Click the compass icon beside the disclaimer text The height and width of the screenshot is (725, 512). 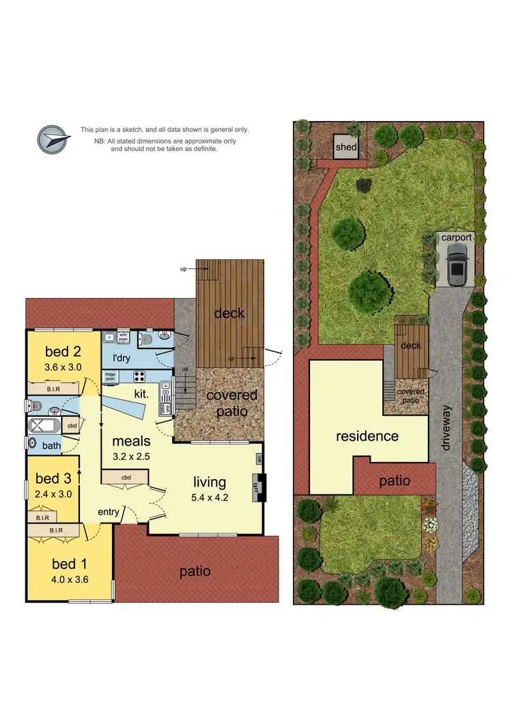click(55, 139)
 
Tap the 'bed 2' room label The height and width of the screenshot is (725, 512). click(63, 352)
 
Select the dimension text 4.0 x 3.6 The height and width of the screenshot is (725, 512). click(70, 579)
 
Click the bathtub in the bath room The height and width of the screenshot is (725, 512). click(45, 426)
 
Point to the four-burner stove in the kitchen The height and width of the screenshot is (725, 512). click(139, 376)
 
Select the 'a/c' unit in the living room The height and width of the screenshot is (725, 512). click(259, 459)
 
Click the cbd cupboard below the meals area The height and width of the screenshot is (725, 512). click(124, 477)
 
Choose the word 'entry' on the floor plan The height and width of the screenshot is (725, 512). click(109, 512)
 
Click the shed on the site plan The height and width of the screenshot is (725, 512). click(345, 146)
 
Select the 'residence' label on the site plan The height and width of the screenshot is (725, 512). click(367, 435)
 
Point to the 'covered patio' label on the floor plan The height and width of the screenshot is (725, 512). click(231, 403)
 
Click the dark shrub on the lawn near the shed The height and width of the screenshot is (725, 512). click(365, 184)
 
